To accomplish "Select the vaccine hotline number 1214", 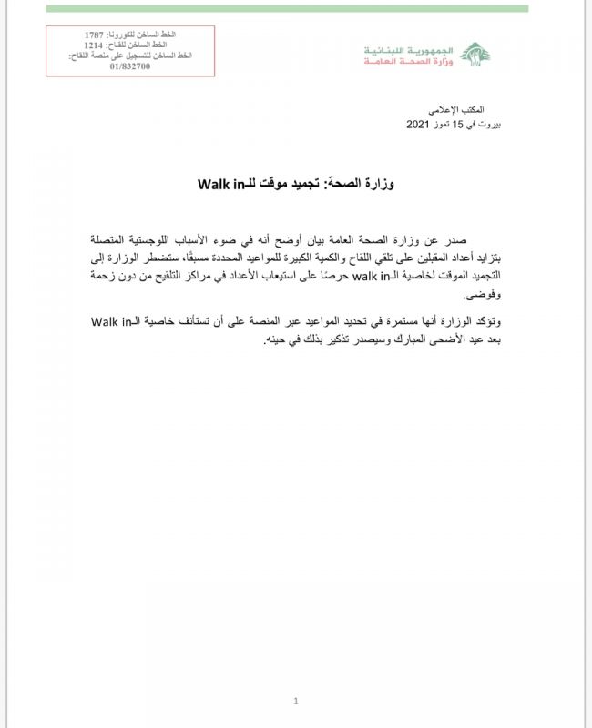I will (x=95, y=45).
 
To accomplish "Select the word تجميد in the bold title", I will (x=311, y=184).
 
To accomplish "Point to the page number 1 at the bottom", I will (x=296, y=700).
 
